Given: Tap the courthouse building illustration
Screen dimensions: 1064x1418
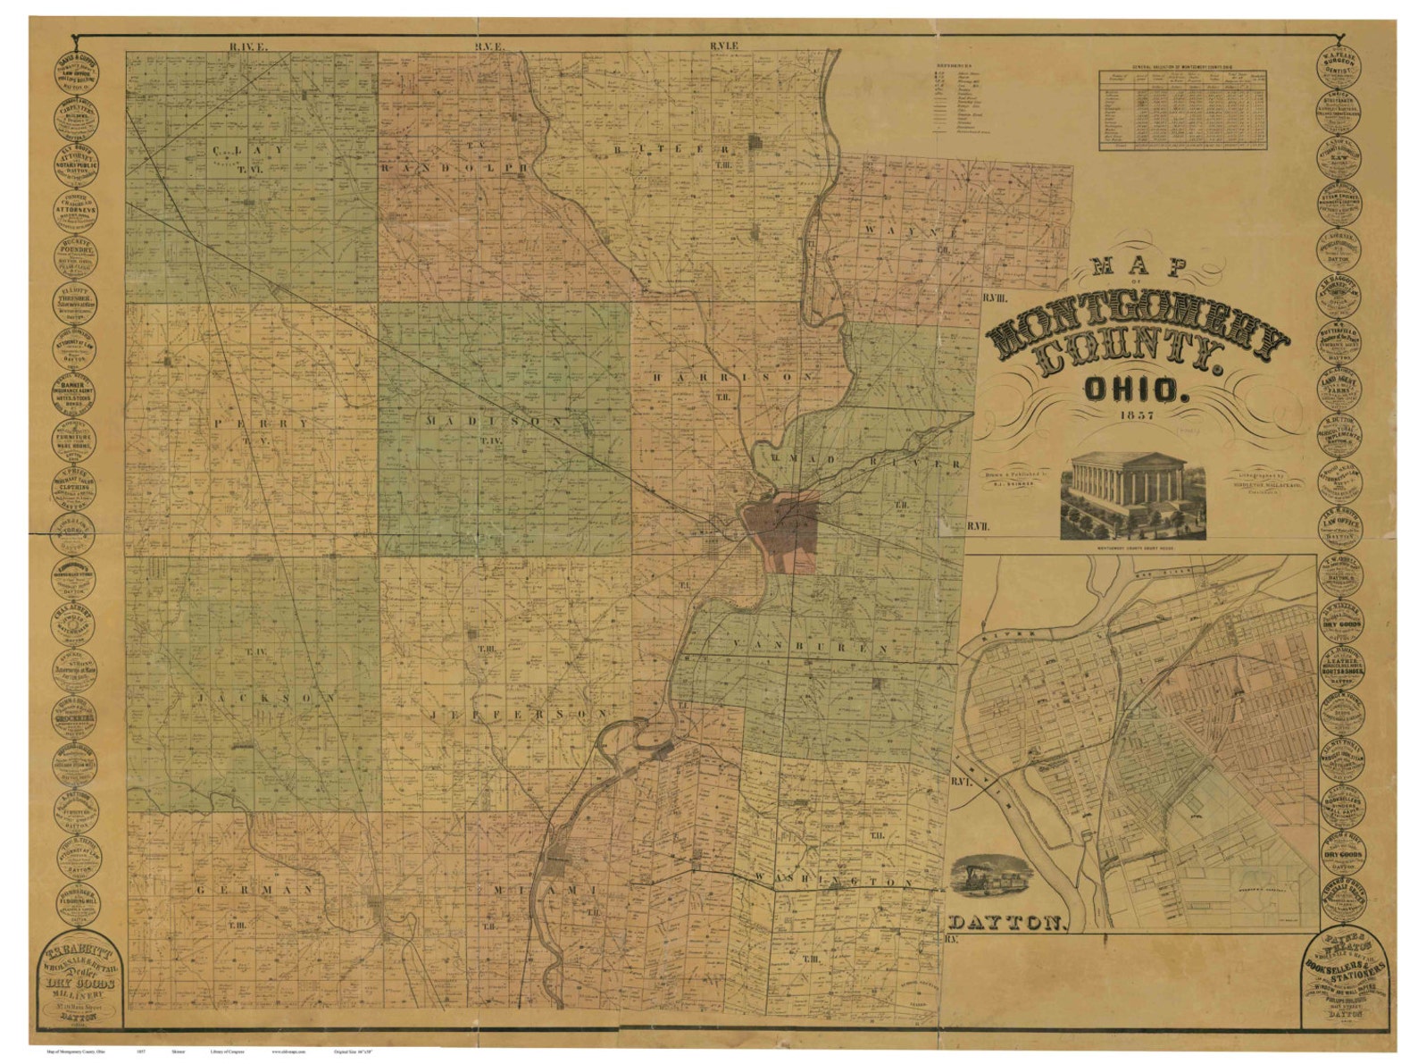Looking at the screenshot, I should (x=1132, y=494).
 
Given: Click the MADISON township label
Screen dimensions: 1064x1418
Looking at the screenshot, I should (x=494, y=420).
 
